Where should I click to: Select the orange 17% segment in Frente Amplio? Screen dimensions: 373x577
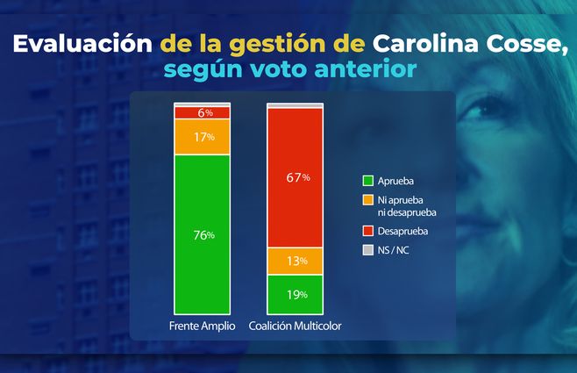pos(202,137)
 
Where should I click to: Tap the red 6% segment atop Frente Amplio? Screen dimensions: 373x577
pos(202,112)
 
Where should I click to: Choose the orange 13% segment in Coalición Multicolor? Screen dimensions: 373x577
pos(296,262)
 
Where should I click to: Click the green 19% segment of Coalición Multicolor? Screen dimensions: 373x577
pos(296,295)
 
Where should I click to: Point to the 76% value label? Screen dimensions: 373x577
pos(203,234)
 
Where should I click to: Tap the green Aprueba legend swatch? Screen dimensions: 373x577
pos(368,181)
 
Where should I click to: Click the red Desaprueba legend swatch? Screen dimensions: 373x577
pos(368,232)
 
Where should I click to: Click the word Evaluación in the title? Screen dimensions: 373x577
pos(83,43)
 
